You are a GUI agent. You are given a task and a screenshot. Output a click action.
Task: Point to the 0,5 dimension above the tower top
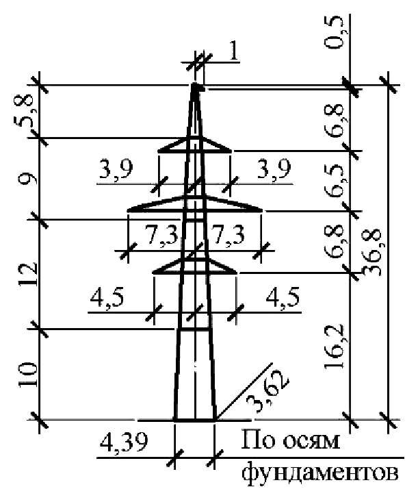[x=335, y=32]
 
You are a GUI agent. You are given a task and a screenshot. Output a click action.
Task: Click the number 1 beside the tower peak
[x=233, y=51]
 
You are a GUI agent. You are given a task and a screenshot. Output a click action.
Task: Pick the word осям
[x=311, y=442]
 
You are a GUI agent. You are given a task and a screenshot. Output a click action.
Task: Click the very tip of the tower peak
[x=194, y=84]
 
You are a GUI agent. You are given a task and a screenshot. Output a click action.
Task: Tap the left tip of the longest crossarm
[x=128, y=210]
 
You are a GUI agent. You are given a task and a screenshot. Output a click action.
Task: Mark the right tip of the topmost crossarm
[x=231, y=151]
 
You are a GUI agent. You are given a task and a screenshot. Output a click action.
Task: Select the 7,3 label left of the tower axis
[x=161, y=235]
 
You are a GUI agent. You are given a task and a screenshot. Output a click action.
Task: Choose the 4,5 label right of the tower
[x=283, y=297]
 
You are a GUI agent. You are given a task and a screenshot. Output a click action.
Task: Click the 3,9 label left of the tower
[x=116, y=170]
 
